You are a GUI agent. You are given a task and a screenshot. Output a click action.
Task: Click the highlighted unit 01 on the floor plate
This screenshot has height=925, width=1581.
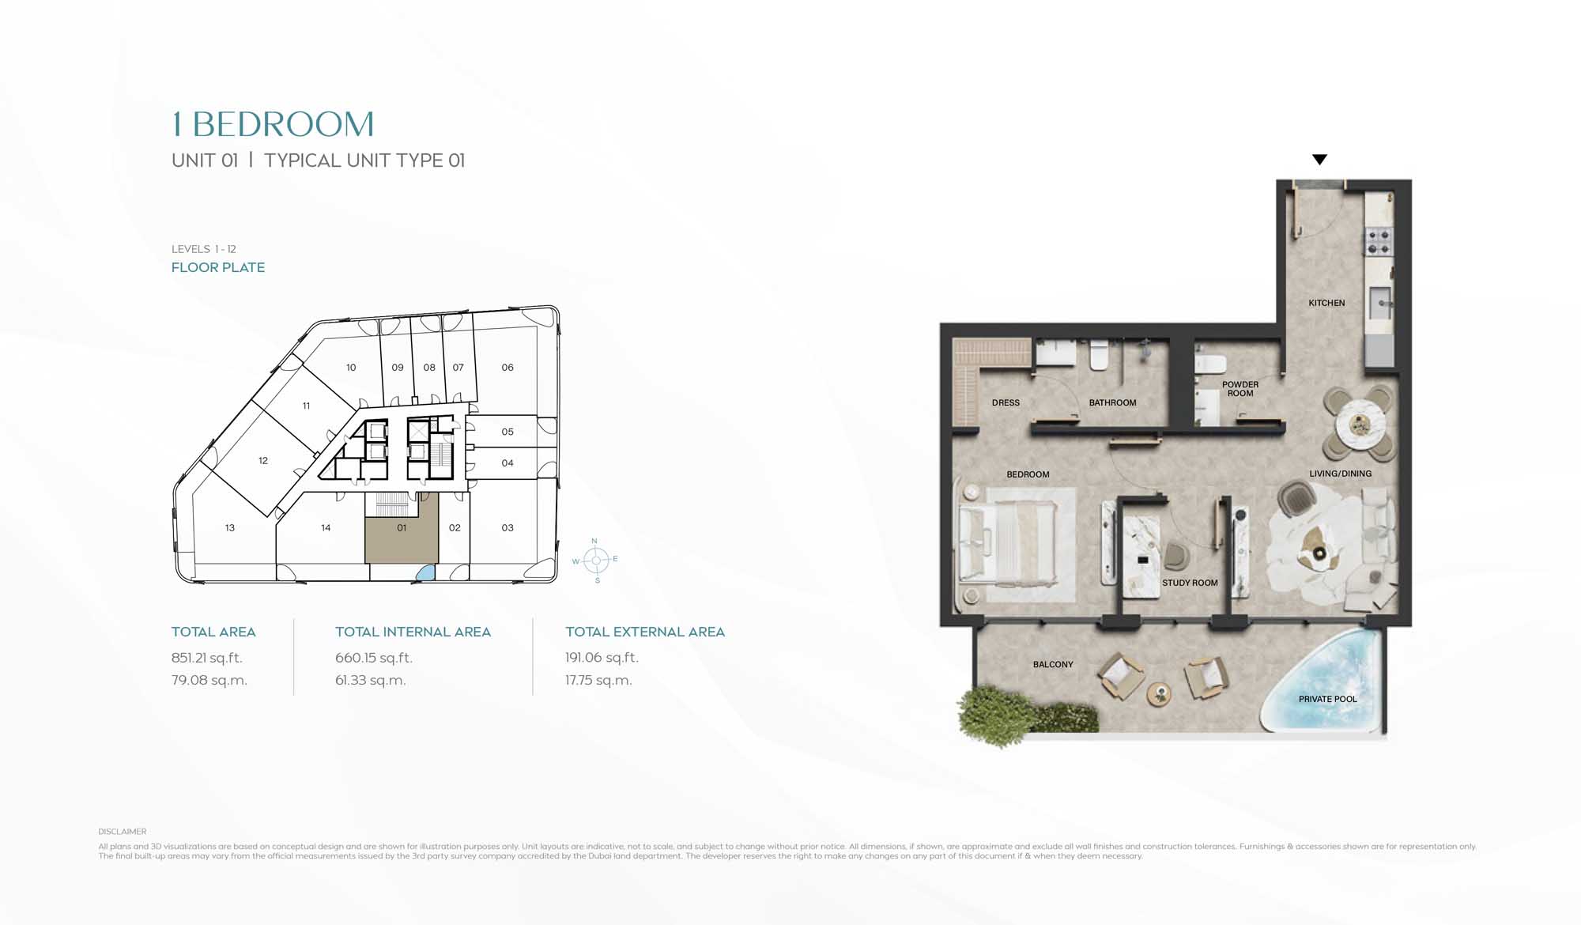click(x=402, y=527)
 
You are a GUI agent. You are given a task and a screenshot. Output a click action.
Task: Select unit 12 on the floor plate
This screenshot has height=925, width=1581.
click(x=262, y=460)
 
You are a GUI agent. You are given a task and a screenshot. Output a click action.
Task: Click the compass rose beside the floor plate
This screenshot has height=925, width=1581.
click(x=596, y=560)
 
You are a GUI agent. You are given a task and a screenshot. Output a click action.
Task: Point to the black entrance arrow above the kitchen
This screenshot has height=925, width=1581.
click(x=1319, y=159)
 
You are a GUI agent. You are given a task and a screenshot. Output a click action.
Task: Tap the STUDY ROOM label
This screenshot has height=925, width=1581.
click(x=1190, y=583)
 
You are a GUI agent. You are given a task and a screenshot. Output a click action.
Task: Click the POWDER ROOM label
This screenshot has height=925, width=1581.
click(x=1240, y=389)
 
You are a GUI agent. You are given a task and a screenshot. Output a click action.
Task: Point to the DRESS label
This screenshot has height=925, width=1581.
click(x=1006, y=402)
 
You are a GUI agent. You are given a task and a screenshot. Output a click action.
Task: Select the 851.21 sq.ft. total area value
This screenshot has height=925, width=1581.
click(x=207, y=658)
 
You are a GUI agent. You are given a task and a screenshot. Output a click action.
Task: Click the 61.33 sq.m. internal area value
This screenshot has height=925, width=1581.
click(x=370, y=680)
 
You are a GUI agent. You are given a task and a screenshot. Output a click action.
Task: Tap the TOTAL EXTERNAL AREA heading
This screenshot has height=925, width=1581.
click(x=645, y=632)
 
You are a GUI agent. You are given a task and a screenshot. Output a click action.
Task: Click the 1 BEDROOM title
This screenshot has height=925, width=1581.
click(x=273, y=124)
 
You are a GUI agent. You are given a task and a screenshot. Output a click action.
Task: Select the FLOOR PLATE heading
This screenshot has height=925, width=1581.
click(x=218, y=267)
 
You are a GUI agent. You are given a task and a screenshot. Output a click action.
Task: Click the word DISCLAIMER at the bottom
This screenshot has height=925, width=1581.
click(x=123, y=832)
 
